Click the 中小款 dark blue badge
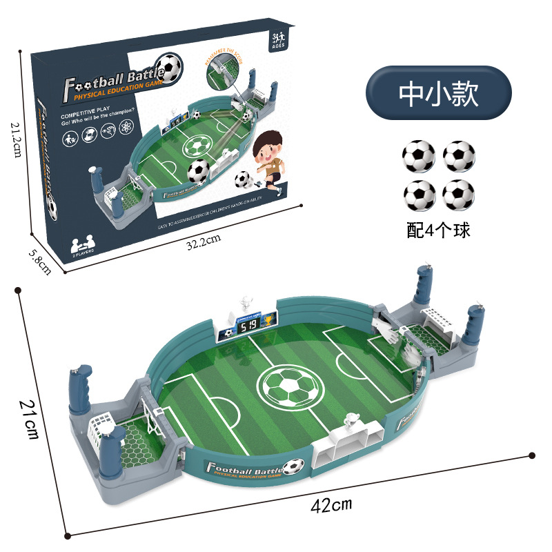click(x=438, y=93)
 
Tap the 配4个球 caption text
click(x=438, y=230)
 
